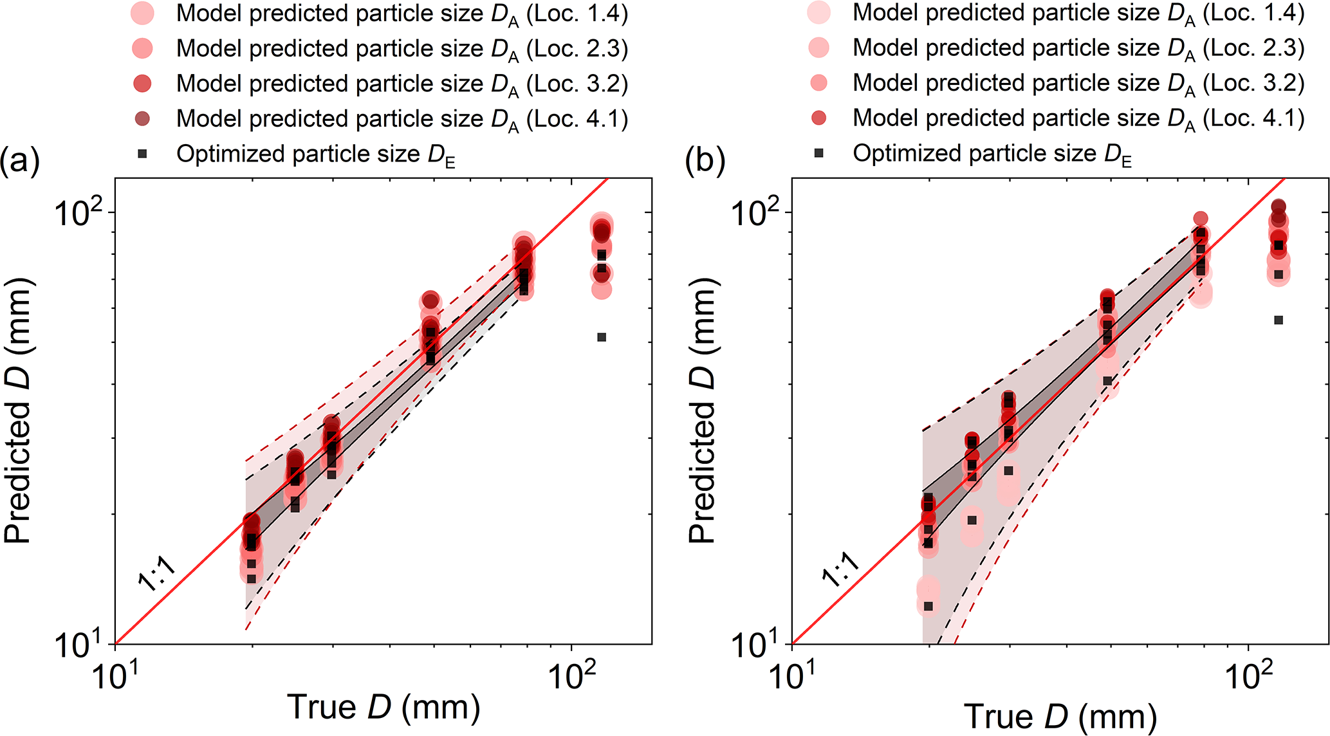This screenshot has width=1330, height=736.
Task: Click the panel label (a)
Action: pos(20,161)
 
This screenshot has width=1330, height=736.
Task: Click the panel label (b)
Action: pos(705,161)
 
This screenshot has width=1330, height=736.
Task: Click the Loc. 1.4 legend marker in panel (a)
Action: pos(142,14)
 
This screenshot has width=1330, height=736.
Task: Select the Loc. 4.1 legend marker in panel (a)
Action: pos(142,118)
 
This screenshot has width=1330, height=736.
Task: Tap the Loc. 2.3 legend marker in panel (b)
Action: pos(818,48)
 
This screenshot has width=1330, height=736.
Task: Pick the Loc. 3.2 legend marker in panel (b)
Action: pos(818,82)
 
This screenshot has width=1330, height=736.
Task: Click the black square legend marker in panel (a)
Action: pos(143,154)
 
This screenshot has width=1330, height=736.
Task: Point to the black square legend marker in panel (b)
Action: pos(819,153)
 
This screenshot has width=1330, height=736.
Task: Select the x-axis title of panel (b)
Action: pos(1060,717)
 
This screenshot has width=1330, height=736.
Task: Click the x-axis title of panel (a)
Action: pos(383,707)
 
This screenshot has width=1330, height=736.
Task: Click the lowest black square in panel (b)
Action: pos(928,606)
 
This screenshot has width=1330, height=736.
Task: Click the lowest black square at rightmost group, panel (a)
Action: pos(602,337)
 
